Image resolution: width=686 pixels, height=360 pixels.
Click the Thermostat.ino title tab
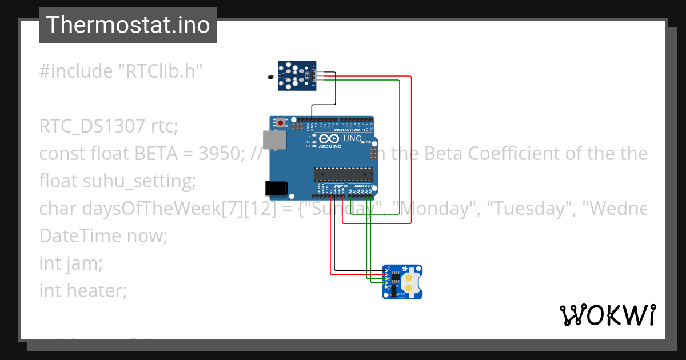[127, 25]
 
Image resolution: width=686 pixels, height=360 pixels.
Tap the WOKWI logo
[607, 315]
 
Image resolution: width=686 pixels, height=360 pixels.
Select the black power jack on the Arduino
[274, 189]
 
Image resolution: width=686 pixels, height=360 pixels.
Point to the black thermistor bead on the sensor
[270, 76]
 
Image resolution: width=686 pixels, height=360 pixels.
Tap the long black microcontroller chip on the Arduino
[343, 174]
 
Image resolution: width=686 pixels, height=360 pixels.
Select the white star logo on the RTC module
[405, 269]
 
